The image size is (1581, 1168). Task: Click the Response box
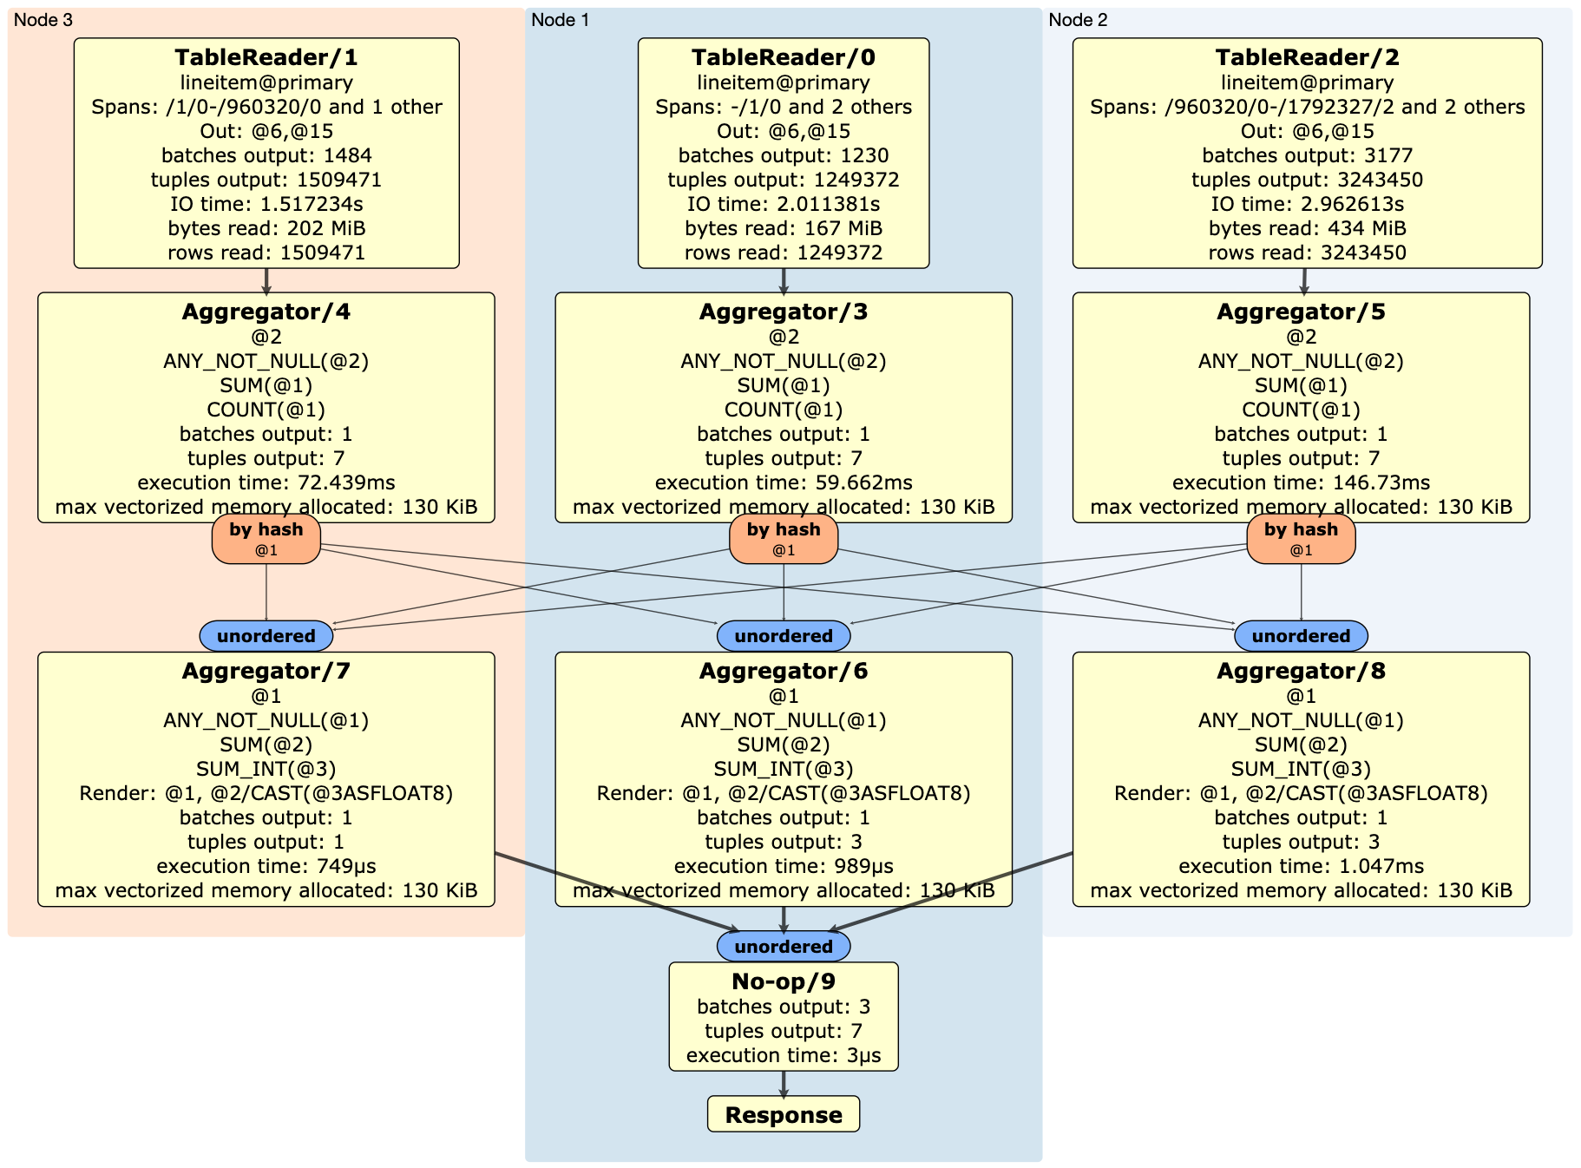[783, 1114]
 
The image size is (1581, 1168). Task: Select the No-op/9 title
[783, 981]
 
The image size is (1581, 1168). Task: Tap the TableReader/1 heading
[266, 57]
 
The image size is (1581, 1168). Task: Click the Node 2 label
[1078, 20]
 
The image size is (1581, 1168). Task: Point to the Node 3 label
[43, 20]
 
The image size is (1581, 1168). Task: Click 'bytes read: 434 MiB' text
[1307, 228]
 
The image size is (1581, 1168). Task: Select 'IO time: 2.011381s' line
[783, 204]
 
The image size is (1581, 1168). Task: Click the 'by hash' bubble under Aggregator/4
[266, 539]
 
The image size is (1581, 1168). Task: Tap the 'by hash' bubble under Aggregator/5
[1300, 539]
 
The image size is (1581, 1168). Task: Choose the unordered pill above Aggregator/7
[266, 636]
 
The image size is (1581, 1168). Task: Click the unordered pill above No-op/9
[783, 947]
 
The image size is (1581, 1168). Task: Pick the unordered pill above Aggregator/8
[1300, 636]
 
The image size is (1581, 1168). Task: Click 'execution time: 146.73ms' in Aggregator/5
[1300, 482]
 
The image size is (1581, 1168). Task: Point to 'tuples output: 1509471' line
[266, 180]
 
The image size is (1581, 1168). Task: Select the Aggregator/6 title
[783, 671]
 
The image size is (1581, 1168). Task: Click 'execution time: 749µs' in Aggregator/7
[266, 866]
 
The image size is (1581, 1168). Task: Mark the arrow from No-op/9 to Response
[783, 1084]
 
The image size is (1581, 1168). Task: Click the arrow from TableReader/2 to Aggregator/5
[1303, 280]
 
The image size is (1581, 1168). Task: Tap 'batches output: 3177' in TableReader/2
[1307, 155]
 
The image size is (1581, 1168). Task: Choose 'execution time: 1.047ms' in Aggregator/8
[1300, 866]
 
